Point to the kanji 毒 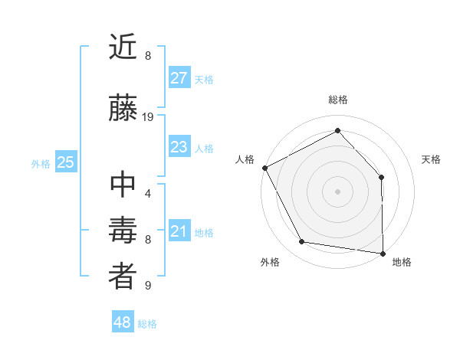coord(123,231)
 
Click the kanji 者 coord(123,277)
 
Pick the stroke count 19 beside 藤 coord(148,117)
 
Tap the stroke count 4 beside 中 coord(148,193)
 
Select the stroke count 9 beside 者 coord(148,286)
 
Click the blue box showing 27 coord(179,78)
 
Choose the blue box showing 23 coord(179,147)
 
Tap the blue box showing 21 coord(179,231)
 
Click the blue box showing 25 coord(66,162)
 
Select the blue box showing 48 coord(123,322)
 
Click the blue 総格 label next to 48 coord(147,324)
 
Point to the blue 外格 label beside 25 coord(41,164)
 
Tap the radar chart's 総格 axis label coord(337,100)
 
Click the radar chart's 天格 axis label coord(432,159)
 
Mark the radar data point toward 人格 coord(264,168)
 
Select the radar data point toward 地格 coord(383,252)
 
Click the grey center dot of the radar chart coord(337,191)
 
